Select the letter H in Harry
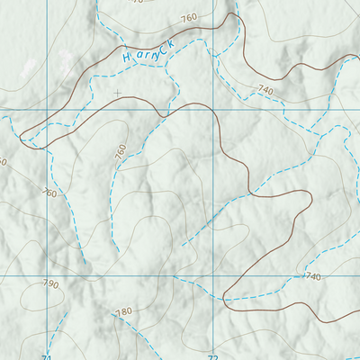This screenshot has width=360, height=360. pyautogui.click(x=127, y=59)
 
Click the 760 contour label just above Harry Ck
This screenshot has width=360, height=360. pyautogui.click(x=188, y=18)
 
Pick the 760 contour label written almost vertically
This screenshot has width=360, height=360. pyautogui.click(x=121, y=153)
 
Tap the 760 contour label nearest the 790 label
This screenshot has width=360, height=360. pyautogui.click(x=49, y=193)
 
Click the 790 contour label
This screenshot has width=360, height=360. pyautogui.click(x=49, y=284)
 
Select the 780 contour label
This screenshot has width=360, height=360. pyautogui.click(x=123, y=311)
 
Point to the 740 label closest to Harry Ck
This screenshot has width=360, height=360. pyautogui.click(x=265, y=90)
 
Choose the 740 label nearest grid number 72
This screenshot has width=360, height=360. pyautogui.click(x=311, y=276)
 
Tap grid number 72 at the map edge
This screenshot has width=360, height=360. pyautogui.click(x=212, y=356)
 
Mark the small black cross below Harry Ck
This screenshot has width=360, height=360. pyautogui.click(x=117, y=92)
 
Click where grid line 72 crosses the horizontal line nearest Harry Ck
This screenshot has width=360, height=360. pyautogui.click(x=212, y=110)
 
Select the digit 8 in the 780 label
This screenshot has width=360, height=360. pyautogui.click(x=123, y=311)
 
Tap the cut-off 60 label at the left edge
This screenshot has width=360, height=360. pyautogui.click(x=3, y=162)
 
